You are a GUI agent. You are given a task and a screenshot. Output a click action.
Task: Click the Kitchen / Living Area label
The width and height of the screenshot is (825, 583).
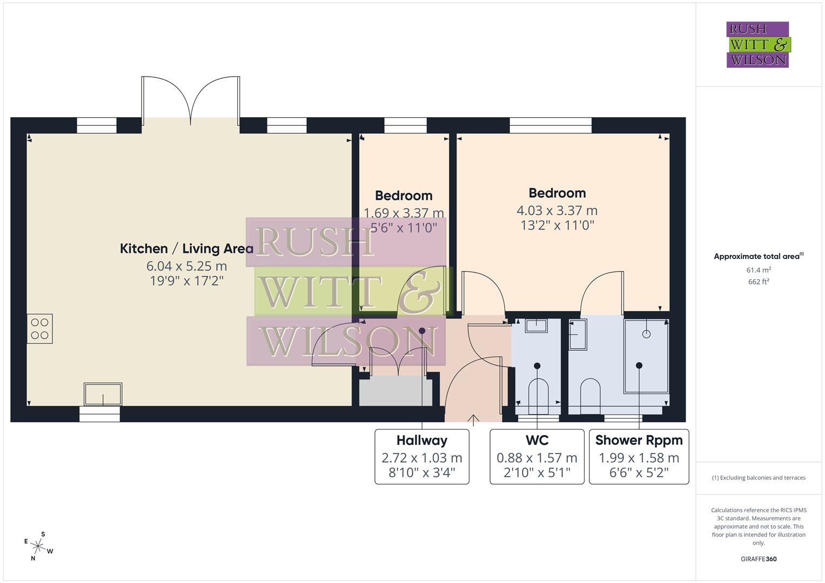pyautogui.click(x=186, y=248)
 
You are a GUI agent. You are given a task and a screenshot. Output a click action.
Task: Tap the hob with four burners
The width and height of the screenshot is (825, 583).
pyautogui.click(x=40, y=328)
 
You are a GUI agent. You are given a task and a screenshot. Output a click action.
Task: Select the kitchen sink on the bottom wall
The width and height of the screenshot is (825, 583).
pyautogui.click(x=103, y=394)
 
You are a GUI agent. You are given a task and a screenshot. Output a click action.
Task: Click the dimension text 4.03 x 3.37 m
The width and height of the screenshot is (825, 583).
pyautogui.click(x=557, y=211)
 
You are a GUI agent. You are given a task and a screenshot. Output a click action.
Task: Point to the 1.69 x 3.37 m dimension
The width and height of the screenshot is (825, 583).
pyautogui.click(x=404, y=213)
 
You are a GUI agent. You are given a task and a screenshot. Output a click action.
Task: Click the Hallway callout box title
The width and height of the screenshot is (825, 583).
pyautogui.click(x=421, y=440)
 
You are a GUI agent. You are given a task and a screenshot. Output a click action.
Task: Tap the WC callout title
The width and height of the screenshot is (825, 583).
pyautogui.click(x=536, y=440)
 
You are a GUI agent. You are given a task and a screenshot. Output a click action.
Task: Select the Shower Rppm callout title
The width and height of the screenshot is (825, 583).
pyautogui.click(x=639, y=440)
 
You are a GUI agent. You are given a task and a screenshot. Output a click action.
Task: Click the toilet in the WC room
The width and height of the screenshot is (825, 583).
pyautogui.click(x=538, y=392)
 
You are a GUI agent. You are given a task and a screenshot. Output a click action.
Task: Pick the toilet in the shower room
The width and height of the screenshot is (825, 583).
pyautogui.click(x=589, y=392)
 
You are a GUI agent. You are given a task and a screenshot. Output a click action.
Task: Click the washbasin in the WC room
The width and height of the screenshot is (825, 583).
pyautogui.click(x=535, y=326)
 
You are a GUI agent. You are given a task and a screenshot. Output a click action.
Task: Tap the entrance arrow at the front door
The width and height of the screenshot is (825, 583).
pyautogui.click(x=473, y=419)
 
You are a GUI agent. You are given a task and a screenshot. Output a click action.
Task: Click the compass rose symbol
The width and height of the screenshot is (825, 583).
pyautogui.click(x=38, y=546)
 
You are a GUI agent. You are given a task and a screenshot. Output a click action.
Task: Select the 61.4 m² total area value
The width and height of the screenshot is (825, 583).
pyautogui.click(x=759, y=270)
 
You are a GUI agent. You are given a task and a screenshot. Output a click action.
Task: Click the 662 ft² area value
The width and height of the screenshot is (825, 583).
pyautogui.click(x=759, y=282)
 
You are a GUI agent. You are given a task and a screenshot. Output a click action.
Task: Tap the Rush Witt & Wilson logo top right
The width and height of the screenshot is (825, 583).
pyautogui.click(x=757, y=45)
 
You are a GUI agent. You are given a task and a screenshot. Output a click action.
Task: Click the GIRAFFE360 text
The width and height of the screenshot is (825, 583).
pyautogui.click(x=759, y=559)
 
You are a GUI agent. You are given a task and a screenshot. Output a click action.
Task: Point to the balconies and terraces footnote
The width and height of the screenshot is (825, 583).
pyautogui.click(x=759, y=478)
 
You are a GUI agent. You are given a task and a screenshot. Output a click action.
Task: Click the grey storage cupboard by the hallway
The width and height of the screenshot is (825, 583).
pyautogui.click(x=395, y=391)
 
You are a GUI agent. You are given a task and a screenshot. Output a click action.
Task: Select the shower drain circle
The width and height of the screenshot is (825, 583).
pyautogui.click(x=646, y=334)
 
